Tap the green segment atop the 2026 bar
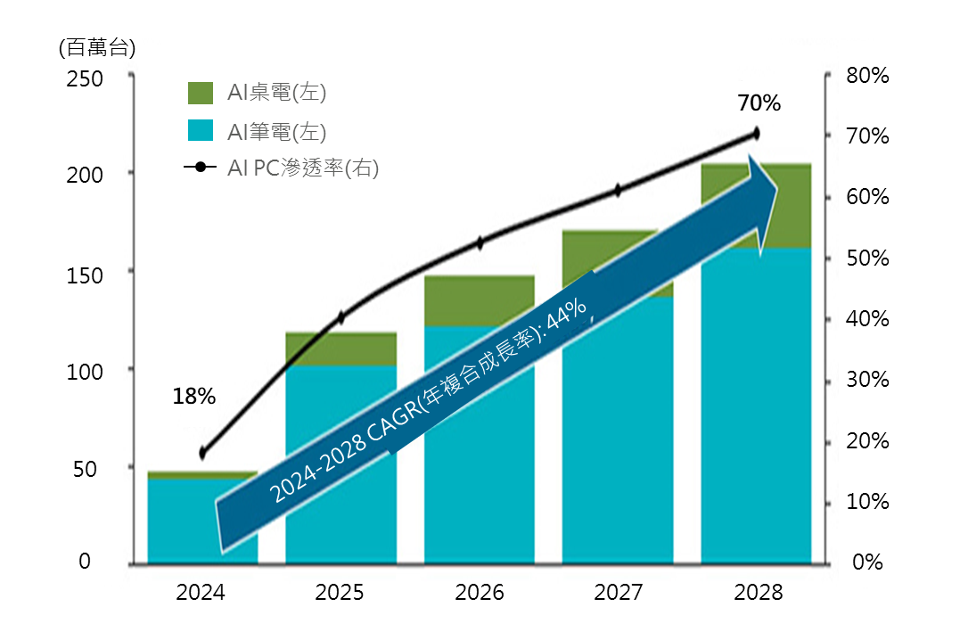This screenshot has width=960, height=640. pos(479,299)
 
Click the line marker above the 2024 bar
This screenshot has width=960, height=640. pos(202,453)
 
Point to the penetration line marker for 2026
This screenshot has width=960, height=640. pos(480,242)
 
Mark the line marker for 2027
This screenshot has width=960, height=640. pos(618,190)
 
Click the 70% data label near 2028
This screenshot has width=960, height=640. pos(759,103)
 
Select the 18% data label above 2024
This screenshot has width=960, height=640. pos(194,397)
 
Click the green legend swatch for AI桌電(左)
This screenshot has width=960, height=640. pos(201,93)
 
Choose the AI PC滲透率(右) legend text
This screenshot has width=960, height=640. pos(303,168)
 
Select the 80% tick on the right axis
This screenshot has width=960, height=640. pos(867,76)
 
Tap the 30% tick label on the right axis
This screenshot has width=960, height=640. pos(867,380)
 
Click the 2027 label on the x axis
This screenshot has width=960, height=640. pos(618,593)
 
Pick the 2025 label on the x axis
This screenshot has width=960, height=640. pos(341,593)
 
